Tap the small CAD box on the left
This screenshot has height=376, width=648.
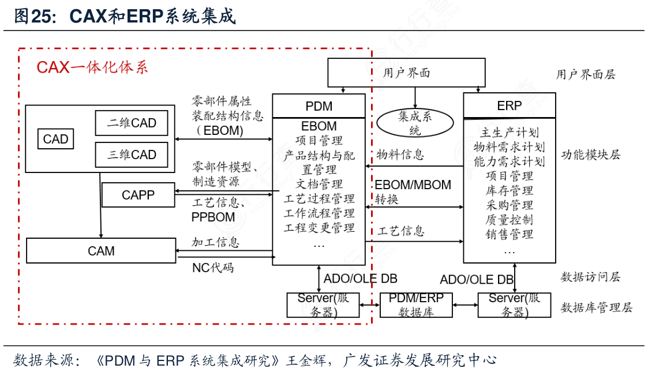click(x=56, y=139)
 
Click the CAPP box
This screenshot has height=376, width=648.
click(x=138, y=195)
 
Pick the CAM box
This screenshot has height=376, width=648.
click(x=101, y=251)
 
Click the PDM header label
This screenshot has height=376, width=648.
click(x=319, y=106)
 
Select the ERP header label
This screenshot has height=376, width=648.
click(x=509, y=106)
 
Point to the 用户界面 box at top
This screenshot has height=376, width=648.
click(x=406, y=73)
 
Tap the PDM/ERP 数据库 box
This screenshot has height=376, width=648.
click(x=415, y=305)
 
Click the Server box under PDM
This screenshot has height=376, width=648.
click(x=323, y=305)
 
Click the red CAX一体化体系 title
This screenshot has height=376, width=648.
click(x=92, y=67)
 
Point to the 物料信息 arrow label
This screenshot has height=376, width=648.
click(x=400, y=155)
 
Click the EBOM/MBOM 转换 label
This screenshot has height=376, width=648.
click(x=413, y=192)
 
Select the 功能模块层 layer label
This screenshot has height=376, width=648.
click(x=590, y=155)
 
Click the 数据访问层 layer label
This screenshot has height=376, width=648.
click(x=590, y=277)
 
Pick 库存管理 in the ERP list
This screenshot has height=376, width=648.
click(x=509, y=191)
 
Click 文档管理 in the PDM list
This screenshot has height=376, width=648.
click(x=319, y=185)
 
